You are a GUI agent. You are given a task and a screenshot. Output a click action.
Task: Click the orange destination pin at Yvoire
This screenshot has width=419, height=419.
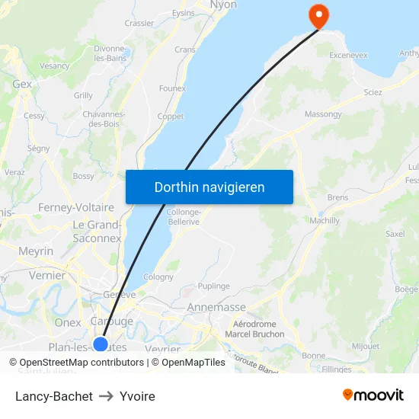pos(316,14)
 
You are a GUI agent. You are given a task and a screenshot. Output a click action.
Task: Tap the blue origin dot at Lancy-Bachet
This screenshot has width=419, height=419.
pos(100,344)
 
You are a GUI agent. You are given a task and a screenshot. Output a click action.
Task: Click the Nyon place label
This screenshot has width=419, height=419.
pos(223,5)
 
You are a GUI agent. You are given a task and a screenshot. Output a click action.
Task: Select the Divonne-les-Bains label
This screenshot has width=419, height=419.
pos(110,53)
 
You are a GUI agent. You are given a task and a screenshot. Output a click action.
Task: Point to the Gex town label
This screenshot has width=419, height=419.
pos(22,84)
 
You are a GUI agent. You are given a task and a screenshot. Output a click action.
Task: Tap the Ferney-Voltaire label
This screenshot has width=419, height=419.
pos(76,207)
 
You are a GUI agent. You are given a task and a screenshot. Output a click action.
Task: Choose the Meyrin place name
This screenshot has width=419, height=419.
pos(36,251)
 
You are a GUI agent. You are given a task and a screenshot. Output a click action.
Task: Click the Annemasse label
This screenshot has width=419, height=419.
pos(217,307)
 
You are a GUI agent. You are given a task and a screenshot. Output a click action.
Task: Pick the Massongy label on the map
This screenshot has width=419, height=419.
pos(323,114)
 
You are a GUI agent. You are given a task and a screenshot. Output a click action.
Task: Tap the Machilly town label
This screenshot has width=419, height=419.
pos(325,220)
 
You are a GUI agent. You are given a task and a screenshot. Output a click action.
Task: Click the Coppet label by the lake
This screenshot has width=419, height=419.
pos(170,117)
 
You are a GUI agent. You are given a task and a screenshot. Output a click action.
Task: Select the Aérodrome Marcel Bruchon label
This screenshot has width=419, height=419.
pos(254,329)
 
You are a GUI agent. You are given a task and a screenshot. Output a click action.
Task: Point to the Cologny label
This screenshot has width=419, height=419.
pos(158,277)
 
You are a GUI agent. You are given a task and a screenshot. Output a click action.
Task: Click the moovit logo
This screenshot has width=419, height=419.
pos(373,395)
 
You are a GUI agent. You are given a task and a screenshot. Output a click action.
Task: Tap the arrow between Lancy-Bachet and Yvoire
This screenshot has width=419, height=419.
pos(106,396)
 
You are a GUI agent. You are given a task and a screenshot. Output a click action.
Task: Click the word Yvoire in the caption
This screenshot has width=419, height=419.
pos(137,396)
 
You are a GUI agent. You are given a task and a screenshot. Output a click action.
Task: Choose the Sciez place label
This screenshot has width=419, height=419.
pos(373,92)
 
